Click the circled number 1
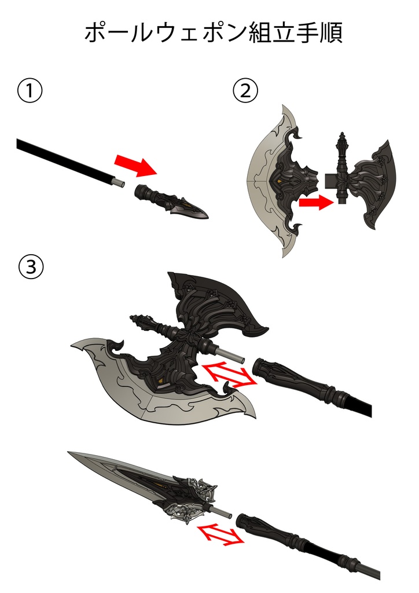pos(30,91)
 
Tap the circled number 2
pos(246,91)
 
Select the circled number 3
pos(31,268)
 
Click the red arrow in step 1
pos(136,165)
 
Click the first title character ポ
pos(95,33)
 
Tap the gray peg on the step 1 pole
pos(120,182)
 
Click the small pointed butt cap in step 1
pos(171,201)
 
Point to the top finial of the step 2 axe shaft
pos(342,143)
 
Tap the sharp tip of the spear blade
pos(68,452)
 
